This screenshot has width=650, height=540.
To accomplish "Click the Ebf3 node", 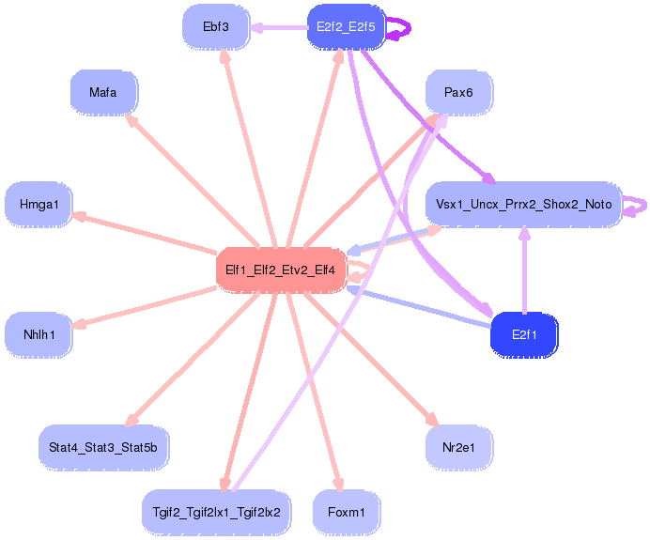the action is (x=216, y=27).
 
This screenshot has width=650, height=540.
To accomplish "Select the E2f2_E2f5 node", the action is (x=346, y=27).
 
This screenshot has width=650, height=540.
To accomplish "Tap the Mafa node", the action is (x=103, y=92).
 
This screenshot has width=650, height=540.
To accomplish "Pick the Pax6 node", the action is (x=458, y=92).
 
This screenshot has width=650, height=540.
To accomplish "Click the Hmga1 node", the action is (x=39, y=205).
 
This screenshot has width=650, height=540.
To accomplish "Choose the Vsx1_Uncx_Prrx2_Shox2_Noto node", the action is (x=524, y=205).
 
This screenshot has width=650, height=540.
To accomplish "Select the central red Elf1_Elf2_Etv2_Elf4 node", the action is (x=281, y=270).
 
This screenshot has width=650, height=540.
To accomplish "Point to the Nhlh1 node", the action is (x=39, y=335).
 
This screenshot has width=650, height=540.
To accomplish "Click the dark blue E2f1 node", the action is (x=524, y=335).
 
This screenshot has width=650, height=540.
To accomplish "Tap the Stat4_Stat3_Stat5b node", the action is (x=103, y=448).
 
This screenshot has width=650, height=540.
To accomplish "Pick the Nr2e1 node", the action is (x=458, y=448).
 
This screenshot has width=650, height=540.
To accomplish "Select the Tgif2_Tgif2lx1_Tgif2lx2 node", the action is (x=216, y=513).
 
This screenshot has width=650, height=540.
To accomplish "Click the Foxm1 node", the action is (x=346, y=513).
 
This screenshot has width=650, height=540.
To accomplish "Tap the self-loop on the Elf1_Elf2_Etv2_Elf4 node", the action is (x=367, y=270).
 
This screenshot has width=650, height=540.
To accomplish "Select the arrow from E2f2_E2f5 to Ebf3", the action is (x=279, y=28).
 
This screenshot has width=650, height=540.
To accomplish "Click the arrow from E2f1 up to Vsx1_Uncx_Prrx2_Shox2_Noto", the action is (x=525, y=270).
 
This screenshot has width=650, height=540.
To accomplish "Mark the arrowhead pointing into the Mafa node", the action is (x=131, y=120).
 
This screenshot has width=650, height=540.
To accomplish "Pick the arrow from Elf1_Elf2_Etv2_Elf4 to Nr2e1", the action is (x=371, y=359).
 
